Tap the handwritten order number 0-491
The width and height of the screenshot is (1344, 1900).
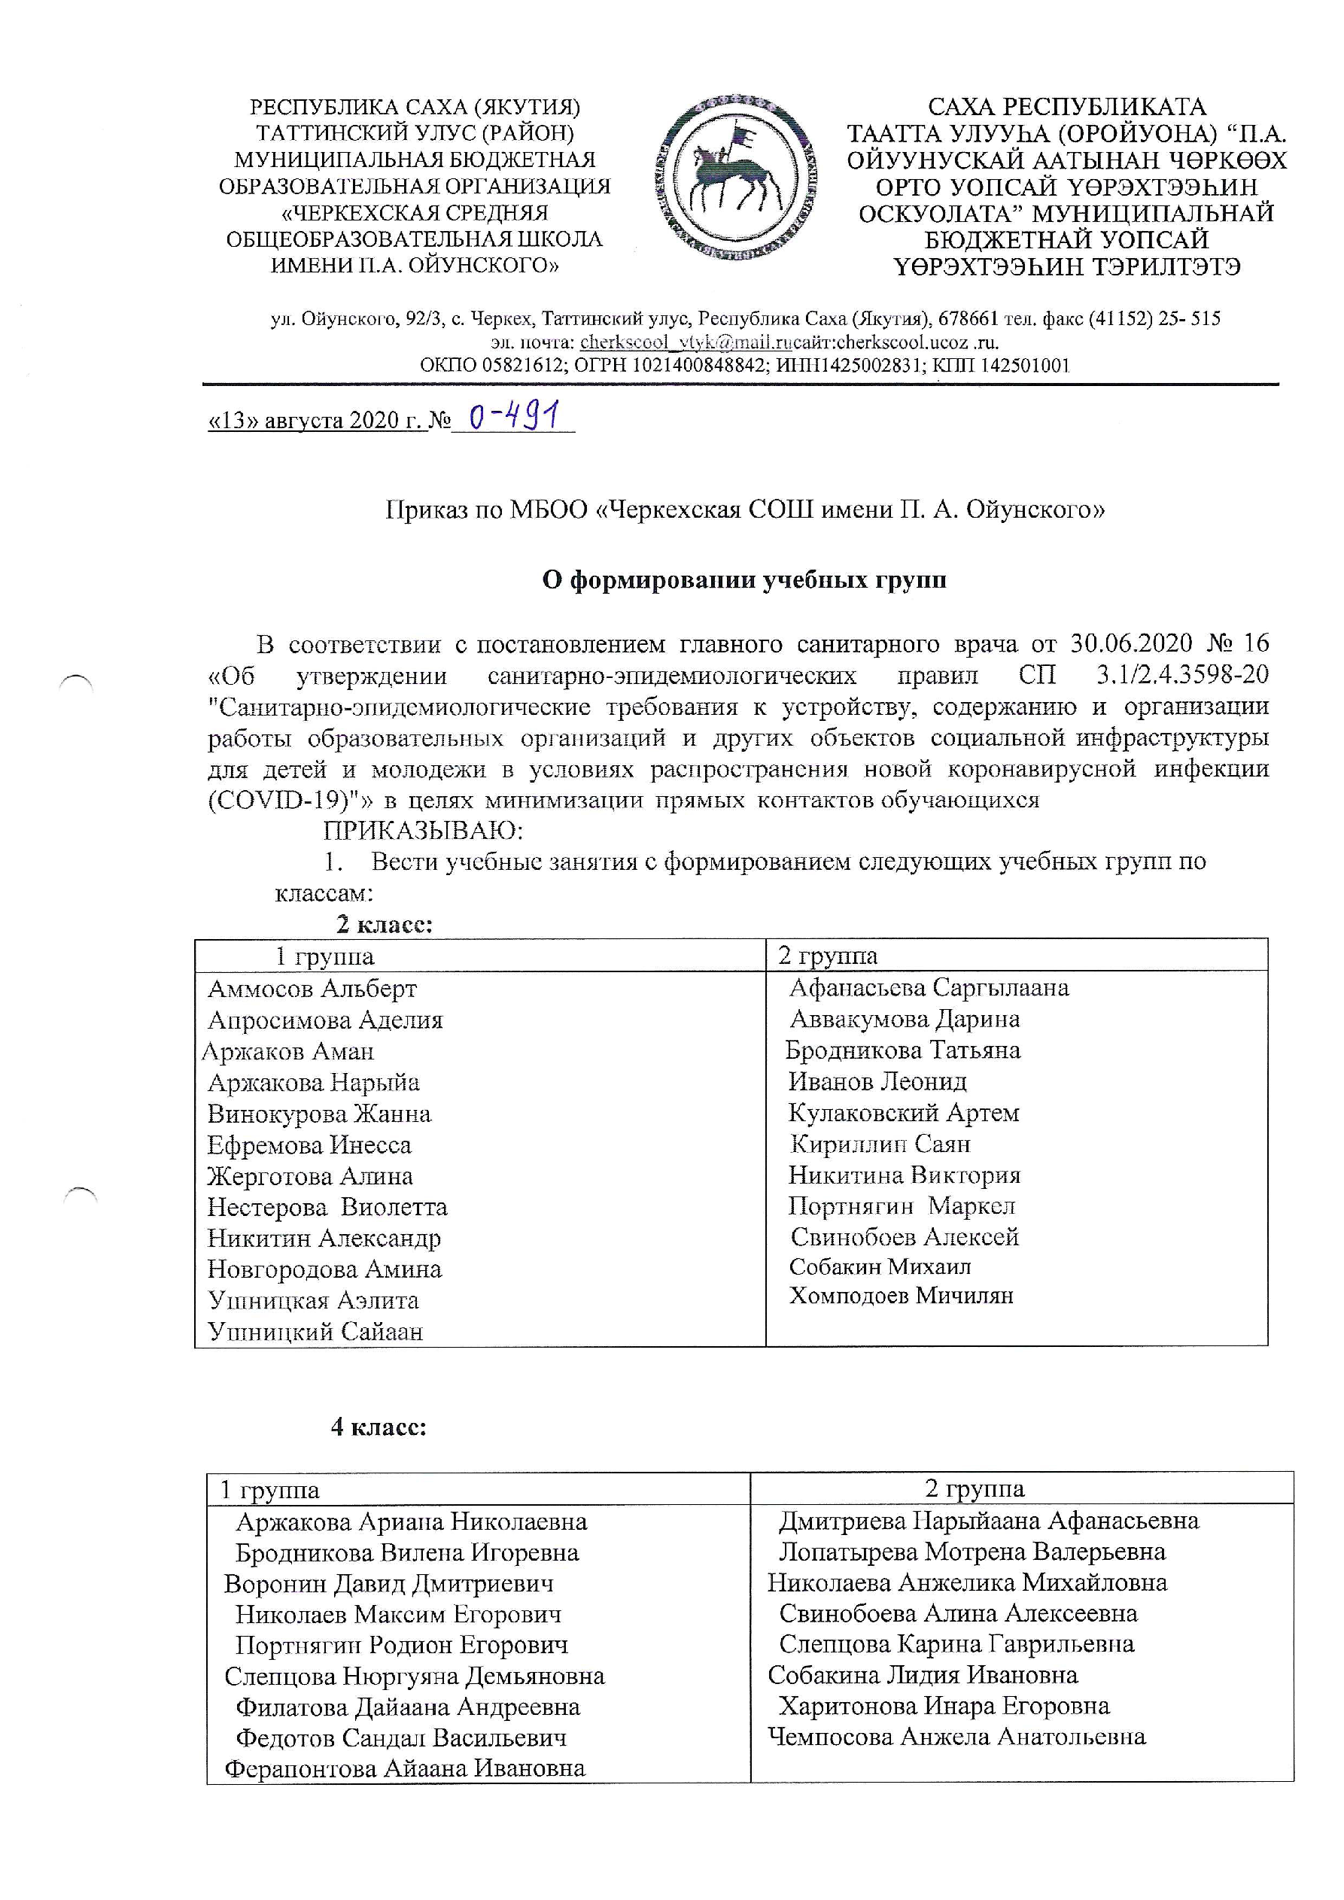pyautogui.click(x=513, y=415)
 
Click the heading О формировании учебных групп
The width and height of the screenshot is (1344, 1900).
pyautogui.click(x=744, y=580)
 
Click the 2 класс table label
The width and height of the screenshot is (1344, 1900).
pyautogui.click(x=384, y=923)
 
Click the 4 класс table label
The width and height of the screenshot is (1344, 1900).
pyautogui.click(x=379, y=1427)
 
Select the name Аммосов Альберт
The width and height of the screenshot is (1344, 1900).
pyautogui.click(x=312, y=989)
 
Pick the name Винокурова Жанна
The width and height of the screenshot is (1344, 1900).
pyautogui.click(x=320, y=1114)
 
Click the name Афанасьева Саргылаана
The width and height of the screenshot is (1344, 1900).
pyautogui.click(x=929, y=988)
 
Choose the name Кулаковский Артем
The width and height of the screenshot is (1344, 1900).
pyautogui.click(x=904, y=1113)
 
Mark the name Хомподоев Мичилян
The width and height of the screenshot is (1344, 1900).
pyautogui.click(x=902, y=1296)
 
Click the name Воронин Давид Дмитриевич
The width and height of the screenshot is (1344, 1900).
pyautogui.click(x=389, y=1584)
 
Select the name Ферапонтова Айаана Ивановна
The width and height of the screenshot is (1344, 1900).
pyautogui.click(x=405, y=1768)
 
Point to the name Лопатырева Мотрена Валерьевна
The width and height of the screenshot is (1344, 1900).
pyautogui.click(x=972, y=1552)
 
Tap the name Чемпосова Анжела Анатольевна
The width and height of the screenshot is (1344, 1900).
pyautogui.click(x=956, y=1736)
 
